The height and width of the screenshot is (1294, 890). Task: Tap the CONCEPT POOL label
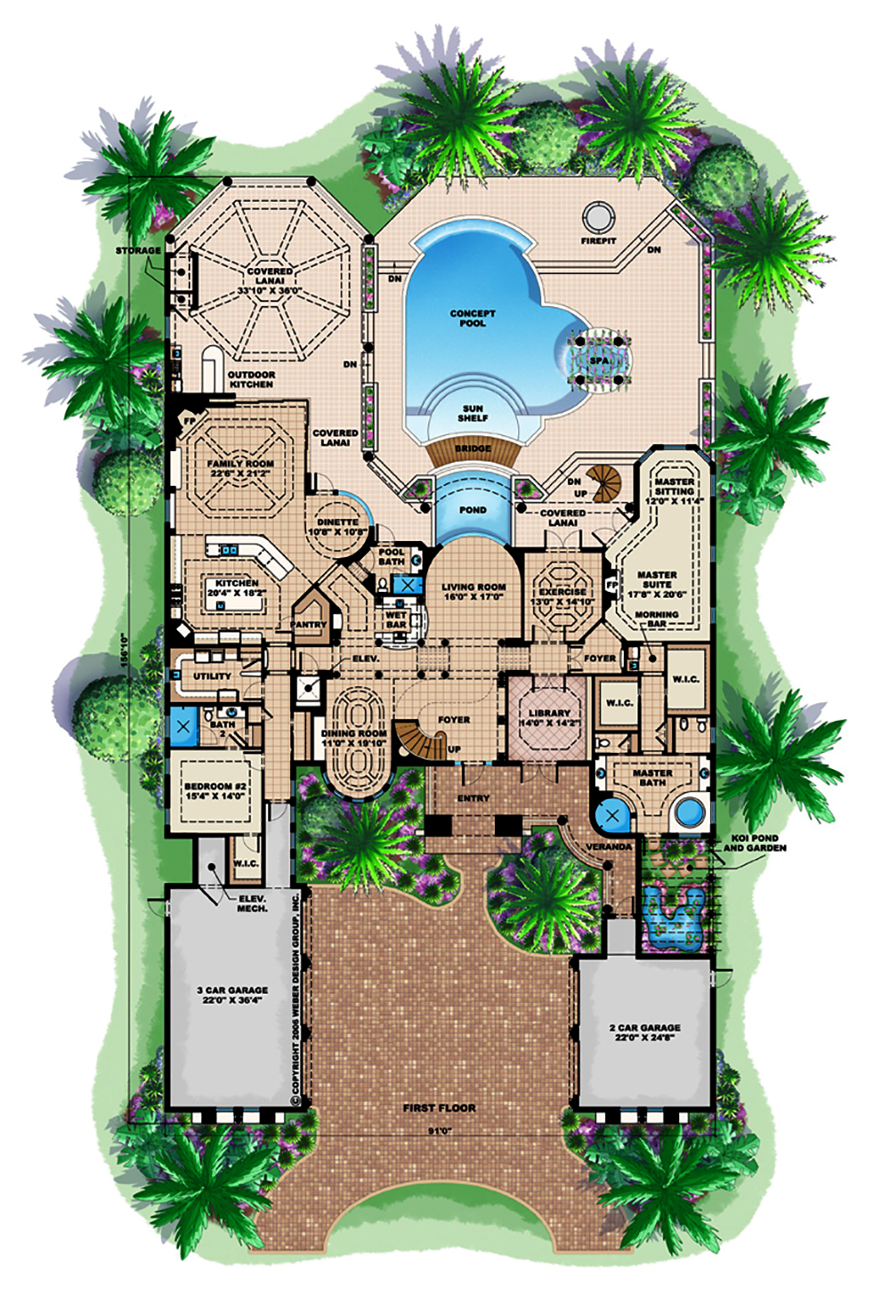[473, 319]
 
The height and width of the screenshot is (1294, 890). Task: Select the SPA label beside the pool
[598, 360]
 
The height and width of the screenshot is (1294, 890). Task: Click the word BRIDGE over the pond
[473, 449]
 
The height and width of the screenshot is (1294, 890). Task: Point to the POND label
[473, 510]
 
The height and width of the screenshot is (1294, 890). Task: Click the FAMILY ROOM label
[240, 468]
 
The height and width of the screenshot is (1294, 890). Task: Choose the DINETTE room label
[337, 527]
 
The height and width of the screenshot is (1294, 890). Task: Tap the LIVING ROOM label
[473, 592]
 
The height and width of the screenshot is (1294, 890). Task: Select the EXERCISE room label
[562, 596]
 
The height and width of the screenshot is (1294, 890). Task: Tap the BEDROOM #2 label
[215, 791]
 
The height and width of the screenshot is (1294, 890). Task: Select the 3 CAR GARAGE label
[232, 994]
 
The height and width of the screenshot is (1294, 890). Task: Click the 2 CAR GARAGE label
[645, 1032]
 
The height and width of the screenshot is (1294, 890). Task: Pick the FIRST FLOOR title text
[439, 1108]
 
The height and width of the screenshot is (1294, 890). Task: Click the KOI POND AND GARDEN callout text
[754, 843]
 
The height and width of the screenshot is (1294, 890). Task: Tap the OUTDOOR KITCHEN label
[251, 379]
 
